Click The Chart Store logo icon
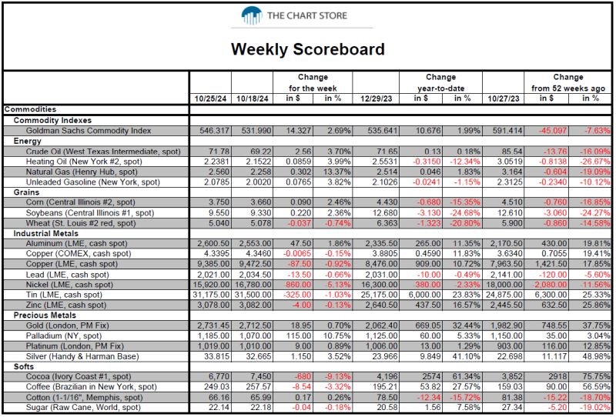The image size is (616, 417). click(x=252, y=15)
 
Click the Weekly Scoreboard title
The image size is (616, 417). click(x=307, y=49)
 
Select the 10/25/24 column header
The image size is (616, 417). click(x=210, y=99)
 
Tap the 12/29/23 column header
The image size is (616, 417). click(x=377, y=99)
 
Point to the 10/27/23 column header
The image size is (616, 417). click(x=504, y=99)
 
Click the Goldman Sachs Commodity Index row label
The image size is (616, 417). click(x=89, y=131)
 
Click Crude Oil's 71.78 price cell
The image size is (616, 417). click(x=219, y=151)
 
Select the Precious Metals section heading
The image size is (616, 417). click(x=45, y=315)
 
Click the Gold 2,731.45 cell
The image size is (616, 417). click(x=210, y=325)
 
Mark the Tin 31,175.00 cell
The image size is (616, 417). click(x=210, y=295)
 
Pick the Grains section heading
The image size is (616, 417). click(x=26, y=192)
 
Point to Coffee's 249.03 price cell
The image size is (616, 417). click(x=217, y=387)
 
